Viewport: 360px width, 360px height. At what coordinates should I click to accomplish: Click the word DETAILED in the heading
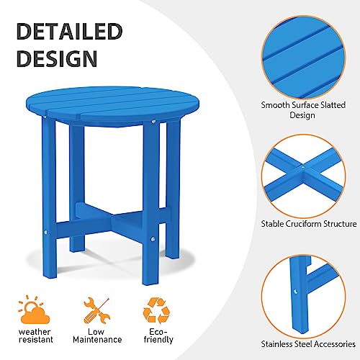click(x=69, y=32)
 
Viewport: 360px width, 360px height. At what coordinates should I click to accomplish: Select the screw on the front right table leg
click(x=153, y=235)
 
